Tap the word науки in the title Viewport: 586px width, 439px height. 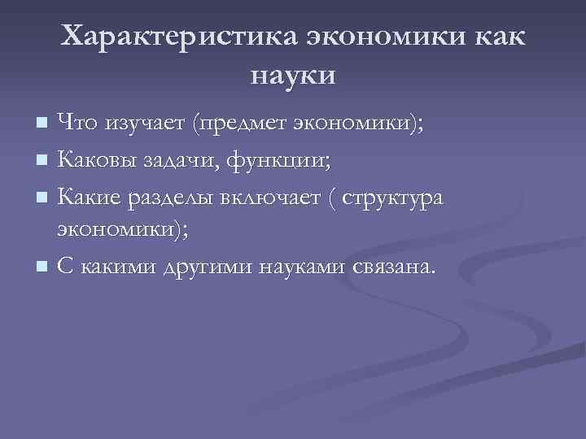point(293,76)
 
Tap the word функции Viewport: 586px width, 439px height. point(278,159)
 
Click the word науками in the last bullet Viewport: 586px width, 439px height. point(304,266)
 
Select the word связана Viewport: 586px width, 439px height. point(396,266)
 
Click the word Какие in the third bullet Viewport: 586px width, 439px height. point(90,195)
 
